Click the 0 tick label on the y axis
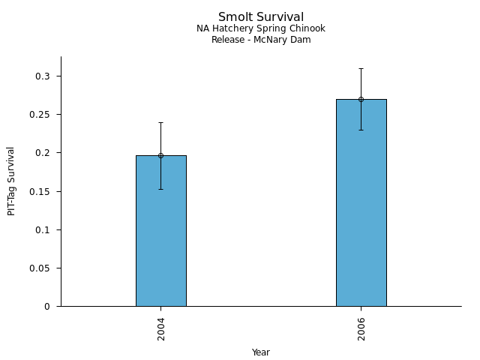point(46,306)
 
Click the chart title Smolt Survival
point(261,17)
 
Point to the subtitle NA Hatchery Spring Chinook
point(261,28)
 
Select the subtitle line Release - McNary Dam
point(261,40)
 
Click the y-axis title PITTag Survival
point(11,181)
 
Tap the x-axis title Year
point(261,352)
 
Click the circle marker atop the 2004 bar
point(160,155)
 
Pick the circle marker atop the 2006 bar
point(361,99)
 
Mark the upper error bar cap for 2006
point(361,68)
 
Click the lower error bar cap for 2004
point(160,189)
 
